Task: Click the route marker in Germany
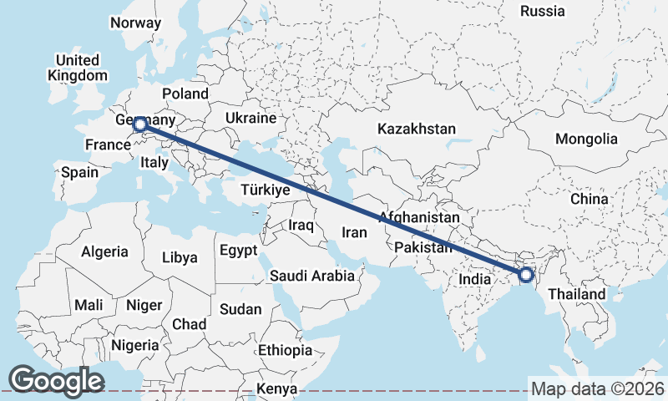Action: point(139,125)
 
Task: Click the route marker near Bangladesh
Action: point(526,274)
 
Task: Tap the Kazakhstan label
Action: point(416,129)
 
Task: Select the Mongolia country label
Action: point(586,139)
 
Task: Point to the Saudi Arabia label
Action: point(312,275)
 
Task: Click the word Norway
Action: point(134,23)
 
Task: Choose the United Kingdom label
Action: point(78,68)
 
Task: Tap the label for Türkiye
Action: point(265,190)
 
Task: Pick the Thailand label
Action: point(577,295)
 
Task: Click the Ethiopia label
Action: point(285,350)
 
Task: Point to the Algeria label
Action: point(104,251)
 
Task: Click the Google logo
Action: point(57,381)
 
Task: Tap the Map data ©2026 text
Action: point(597,388)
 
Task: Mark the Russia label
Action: point(543,11)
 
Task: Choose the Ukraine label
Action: point(250,119)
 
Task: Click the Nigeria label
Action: point(134,345)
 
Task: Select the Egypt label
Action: point(240,251)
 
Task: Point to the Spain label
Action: point(79,173)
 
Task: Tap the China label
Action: point(590,200)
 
